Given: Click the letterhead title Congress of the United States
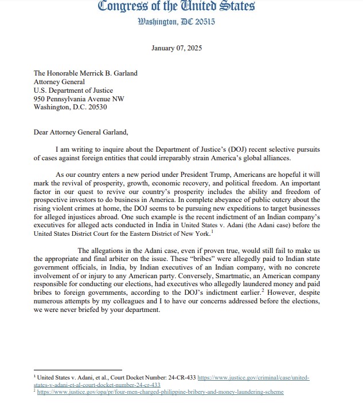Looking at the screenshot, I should point(176,7).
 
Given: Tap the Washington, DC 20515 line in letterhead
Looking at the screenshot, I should point(176,22).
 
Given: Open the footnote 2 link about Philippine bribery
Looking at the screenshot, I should point(161,392).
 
